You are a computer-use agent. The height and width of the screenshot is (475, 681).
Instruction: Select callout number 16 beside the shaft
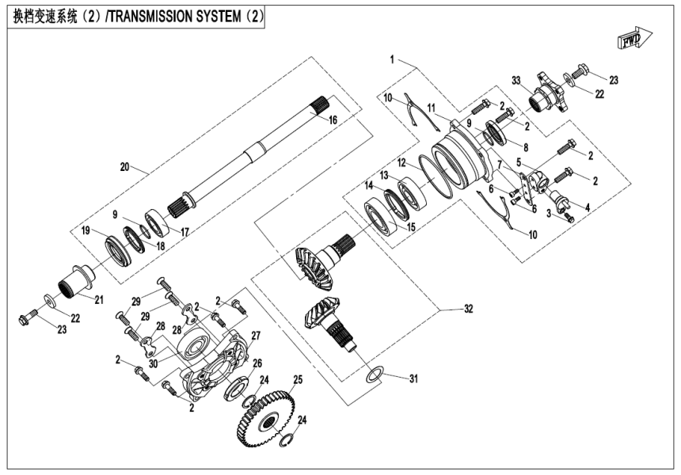[x=333, y=120]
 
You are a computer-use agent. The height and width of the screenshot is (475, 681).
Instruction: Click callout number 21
[x=99, y=298]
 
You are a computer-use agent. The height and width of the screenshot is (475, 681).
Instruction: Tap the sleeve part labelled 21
[x=75, y=281]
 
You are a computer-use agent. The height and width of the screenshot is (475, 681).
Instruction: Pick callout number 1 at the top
[x=393, y=59]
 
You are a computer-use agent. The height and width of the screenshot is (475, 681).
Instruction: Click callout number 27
[x=255, y=336]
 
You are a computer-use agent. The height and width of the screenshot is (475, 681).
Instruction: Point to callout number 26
[x=255, y=363]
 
